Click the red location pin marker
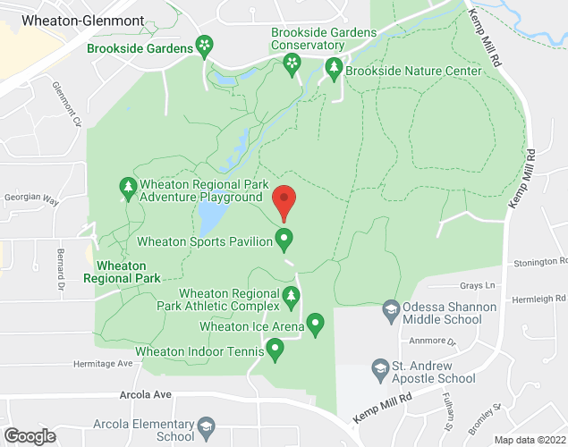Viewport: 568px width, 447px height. point(284,202)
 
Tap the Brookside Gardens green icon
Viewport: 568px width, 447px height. point(205,46)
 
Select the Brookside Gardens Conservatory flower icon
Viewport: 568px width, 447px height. point(291,63)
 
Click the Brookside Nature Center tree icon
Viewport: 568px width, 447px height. point(334,69)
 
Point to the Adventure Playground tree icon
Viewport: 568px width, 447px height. point(127,189)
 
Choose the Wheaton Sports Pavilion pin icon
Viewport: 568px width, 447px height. point(284,239)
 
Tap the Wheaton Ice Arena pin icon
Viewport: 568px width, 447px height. point(315,324)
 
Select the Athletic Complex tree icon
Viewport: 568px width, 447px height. point(291,296)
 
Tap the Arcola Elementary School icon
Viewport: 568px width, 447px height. point(208,426)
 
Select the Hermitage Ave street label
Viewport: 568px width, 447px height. point(103,364)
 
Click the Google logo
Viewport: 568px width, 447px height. point(29,435)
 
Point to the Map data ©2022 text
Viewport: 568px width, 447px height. point(529,440)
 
